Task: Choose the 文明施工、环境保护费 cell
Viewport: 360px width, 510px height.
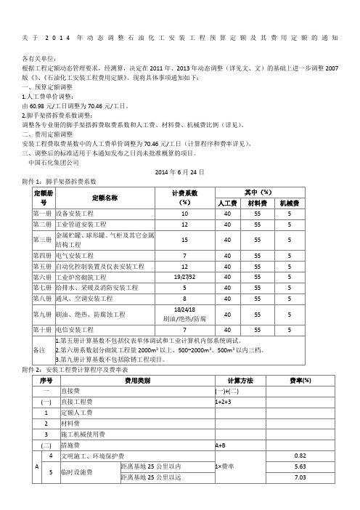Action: (94, 456)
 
